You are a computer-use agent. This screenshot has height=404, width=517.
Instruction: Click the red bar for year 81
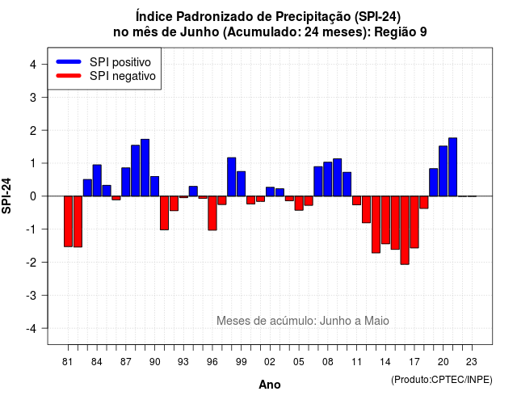click(68, 221)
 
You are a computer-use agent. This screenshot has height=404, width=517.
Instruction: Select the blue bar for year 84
click(97, 180)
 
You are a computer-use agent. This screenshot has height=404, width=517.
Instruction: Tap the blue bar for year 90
click(154, 187)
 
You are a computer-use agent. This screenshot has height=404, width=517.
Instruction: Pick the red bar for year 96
click(212, 213)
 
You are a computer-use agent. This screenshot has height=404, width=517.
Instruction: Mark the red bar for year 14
click(385, 220)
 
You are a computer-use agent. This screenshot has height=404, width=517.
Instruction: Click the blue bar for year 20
click(443, 171)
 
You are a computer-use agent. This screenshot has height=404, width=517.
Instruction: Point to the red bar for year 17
click(414, 222)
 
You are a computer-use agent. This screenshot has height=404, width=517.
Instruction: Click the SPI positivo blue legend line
click(69, 61)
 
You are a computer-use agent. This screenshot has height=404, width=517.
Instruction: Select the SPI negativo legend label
click(123, 76)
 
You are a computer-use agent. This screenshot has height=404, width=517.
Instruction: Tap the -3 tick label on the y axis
click(32, 295)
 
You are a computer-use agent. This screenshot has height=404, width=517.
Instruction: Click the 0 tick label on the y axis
click(33, 196)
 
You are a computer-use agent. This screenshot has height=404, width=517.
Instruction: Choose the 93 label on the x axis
click(183, 362)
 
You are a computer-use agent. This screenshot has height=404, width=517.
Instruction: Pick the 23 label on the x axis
click(472, 362)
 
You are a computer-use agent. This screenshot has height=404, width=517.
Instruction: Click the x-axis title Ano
click(270, 385)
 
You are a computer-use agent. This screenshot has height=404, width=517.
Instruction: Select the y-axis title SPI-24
click(6, 196)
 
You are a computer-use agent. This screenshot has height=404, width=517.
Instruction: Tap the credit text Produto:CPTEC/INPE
click(442, 380)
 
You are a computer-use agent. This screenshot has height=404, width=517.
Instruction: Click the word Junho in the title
click(200, 32)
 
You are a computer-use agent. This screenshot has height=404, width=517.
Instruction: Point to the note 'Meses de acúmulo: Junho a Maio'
click(303, 321)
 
